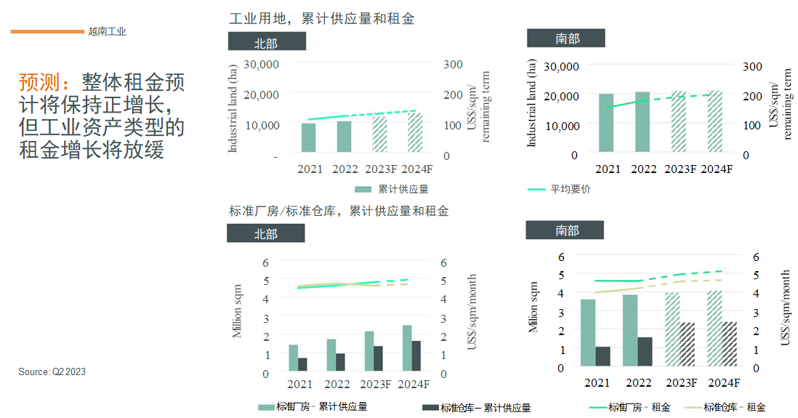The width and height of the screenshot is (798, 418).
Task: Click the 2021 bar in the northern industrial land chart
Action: click(308, 138)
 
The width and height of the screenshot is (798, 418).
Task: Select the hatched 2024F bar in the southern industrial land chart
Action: click(715, 121)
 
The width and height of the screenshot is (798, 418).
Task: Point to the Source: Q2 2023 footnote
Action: click(52, 371)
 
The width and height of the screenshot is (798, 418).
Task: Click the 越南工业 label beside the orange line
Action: click(107, 31)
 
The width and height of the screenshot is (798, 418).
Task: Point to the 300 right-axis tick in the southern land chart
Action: click(752, 66)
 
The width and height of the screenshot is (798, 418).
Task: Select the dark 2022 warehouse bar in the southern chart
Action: click(644, 352)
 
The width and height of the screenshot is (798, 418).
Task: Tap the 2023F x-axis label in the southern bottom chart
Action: click(681, 383)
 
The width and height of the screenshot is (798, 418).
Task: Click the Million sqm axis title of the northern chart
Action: click(238, 311)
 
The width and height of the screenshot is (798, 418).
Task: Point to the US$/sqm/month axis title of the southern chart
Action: click(785, 307)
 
